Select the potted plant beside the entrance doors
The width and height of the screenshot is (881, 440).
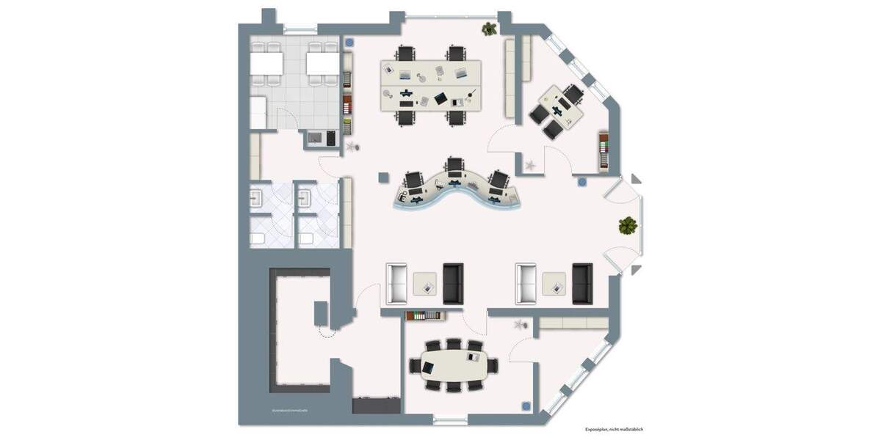tap(626, 225)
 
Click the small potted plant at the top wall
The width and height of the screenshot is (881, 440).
tap(488, 29)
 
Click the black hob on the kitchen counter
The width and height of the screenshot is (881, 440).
tap(329, 137)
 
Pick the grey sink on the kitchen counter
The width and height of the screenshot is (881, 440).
tap(313, 137)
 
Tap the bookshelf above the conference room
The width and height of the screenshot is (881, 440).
tap(424, 316)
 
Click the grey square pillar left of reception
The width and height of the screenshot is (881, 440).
tap(383, 177)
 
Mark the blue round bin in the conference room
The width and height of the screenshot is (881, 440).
tap(526, 404)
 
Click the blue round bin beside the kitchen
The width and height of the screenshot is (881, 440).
tap(350, 43)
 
